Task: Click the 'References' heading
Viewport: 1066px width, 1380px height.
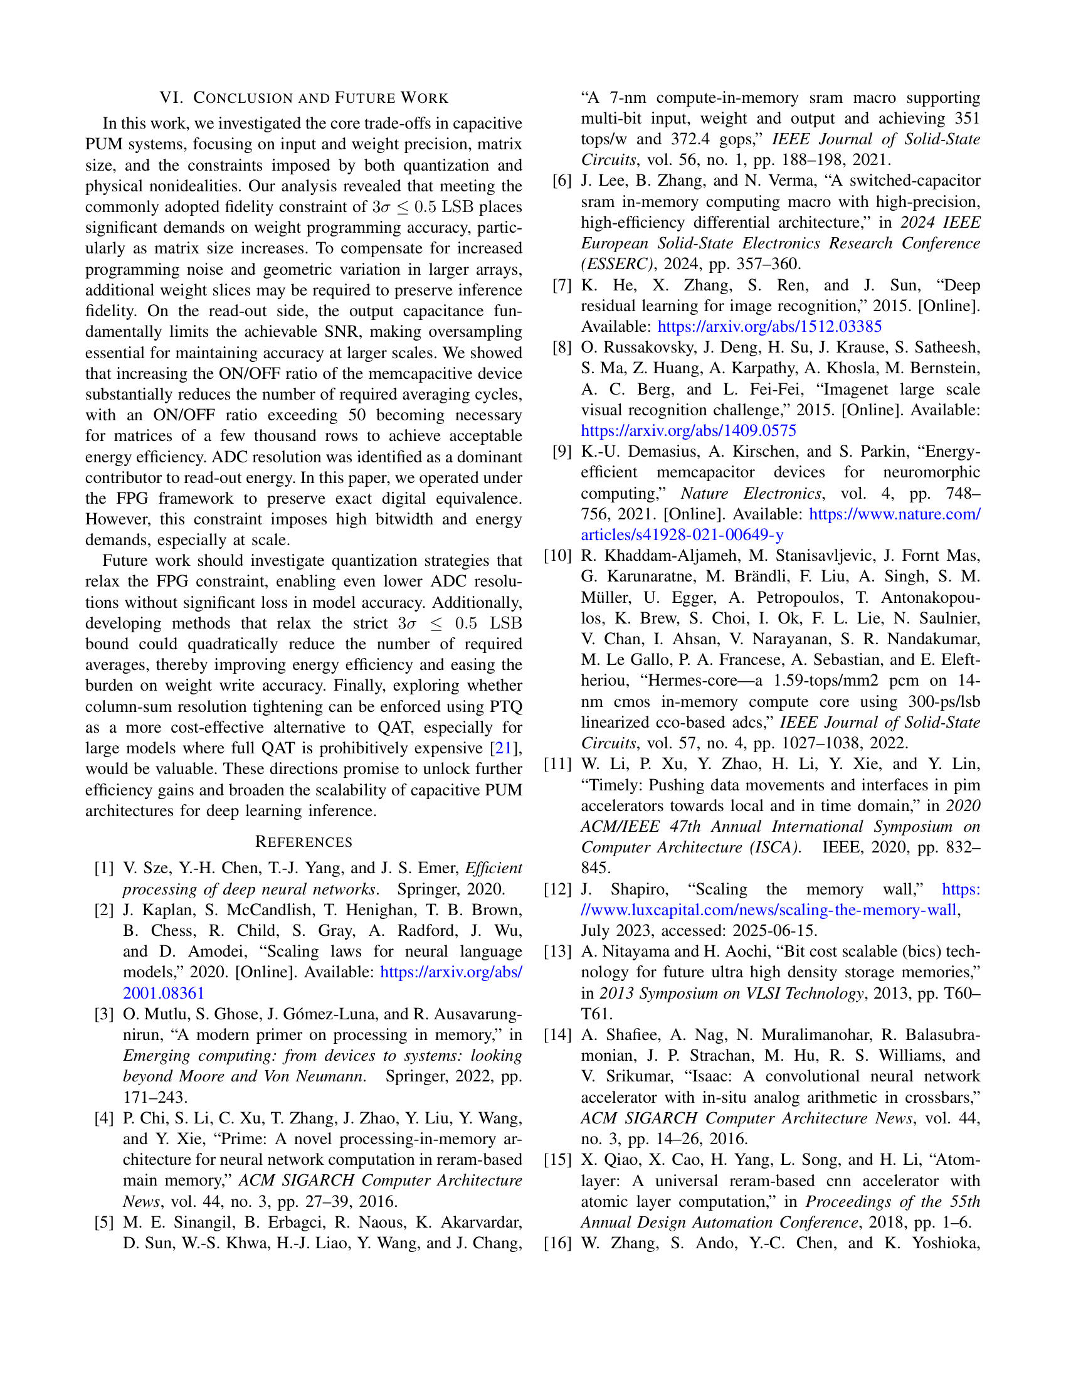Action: tap(303, 842)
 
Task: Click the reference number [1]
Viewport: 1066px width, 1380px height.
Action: tap(104, 868)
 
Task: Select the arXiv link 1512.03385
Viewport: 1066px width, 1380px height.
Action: tap(769, 327)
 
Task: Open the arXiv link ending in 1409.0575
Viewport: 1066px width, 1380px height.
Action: tap(689, 431)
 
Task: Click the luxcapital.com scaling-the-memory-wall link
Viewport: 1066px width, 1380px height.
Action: tap(769, 910)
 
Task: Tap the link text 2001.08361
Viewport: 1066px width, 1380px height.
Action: tap(164, 994)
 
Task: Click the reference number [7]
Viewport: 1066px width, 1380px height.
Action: tap(562, 285)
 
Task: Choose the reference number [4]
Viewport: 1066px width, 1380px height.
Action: tap(104, 1118)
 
